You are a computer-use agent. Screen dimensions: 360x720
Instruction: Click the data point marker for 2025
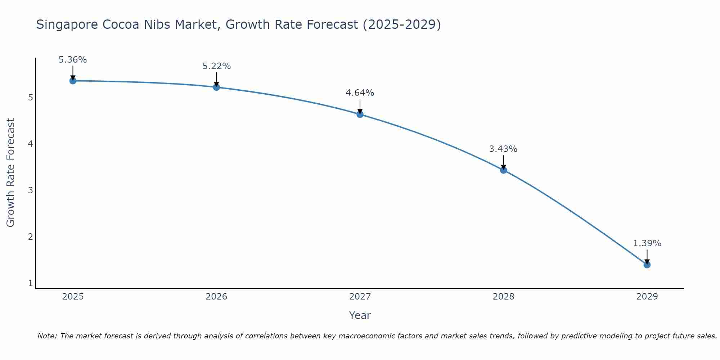73,81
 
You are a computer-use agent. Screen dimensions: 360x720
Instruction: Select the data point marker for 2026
216,87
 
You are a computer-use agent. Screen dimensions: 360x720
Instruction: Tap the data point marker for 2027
360,114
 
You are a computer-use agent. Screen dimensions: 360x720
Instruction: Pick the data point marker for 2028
503,170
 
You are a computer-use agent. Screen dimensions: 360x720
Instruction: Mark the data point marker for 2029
647,265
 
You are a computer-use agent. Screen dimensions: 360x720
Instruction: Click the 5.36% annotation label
73,60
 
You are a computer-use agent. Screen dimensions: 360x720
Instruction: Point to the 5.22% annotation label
216,66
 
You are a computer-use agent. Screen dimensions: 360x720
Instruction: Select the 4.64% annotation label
360,93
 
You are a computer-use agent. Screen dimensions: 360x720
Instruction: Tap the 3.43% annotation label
503,149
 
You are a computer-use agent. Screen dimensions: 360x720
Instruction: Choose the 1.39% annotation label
647,243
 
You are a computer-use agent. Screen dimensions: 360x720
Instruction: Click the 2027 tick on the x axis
360,297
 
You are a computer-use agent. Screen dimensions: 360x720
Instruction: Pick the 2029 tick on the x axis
647,297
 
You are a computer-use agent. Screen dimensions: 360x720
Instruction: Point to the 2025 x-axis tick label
73,297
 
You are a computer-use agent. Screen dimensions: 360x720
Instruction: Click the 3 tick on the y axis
31,190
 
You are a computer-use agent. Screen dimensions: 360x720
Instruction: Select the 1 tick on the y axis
31,283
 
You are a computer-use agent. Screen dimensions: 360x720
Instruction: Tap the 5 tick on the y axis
31,98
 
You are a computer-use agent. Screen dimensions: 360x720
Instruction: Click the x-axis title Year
360,315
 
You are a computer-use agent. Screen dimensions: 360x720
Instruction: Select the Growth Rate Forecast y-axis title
11,173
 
